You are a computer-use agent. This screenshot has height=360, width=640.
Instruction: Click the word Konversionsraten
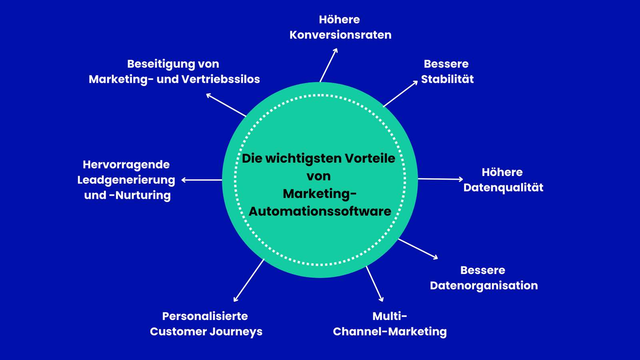click(x=340, y=35)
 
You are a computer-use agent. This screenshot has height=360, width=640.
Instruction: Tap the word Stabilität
click(x=447, y=79)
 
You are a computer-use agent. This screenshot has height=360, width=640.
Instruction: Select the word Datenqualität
click(x=503, y=188)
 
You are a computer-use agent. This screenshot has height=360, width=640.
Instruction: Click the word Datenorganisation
click(x=484, y=286)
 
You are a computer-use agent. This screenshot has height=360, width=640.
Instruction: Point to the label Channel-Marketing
click(x=390, y=332)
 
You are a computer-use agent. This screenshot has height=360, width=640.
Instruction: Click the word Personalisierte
click(x=205, y=316)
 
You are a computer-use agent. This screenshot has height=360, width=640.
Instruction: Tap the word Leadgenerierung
click(x=126, y=180)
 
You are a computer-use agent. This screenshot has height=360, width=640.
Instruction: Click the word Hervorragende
click(x=126, y=164)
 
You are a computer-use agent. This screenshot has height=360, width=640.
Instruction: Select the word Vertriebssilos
click(x=221, y=79)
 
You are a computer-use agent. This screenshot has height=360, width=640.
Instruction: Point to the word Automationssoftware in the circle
click(x=320, y=211)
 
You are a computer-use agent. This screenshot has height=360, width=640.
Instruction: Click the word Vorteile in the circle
click(x=370, y=158)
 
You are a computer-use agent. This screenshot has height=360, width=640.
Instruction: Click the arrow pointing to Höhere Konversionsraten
click(x=328, y=65)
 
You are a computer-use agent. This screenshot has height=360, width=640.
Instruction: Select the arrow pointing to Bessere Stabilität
click(x=400, y=94)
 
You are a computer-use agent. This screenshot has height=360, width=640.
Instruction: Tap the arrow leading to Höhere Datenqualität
click(x=440, y=179)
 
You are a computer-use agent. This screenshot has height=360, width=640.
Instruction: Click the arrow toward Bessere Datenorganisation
click(x=418, y=249)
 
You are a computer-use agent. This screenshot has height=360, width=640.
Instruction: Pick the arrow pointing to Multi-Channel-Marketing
click(x=374, y=284)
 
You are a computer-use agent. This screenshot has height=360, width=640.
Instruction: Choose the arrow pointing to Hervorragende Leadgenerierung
click(x=202, y=180)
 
